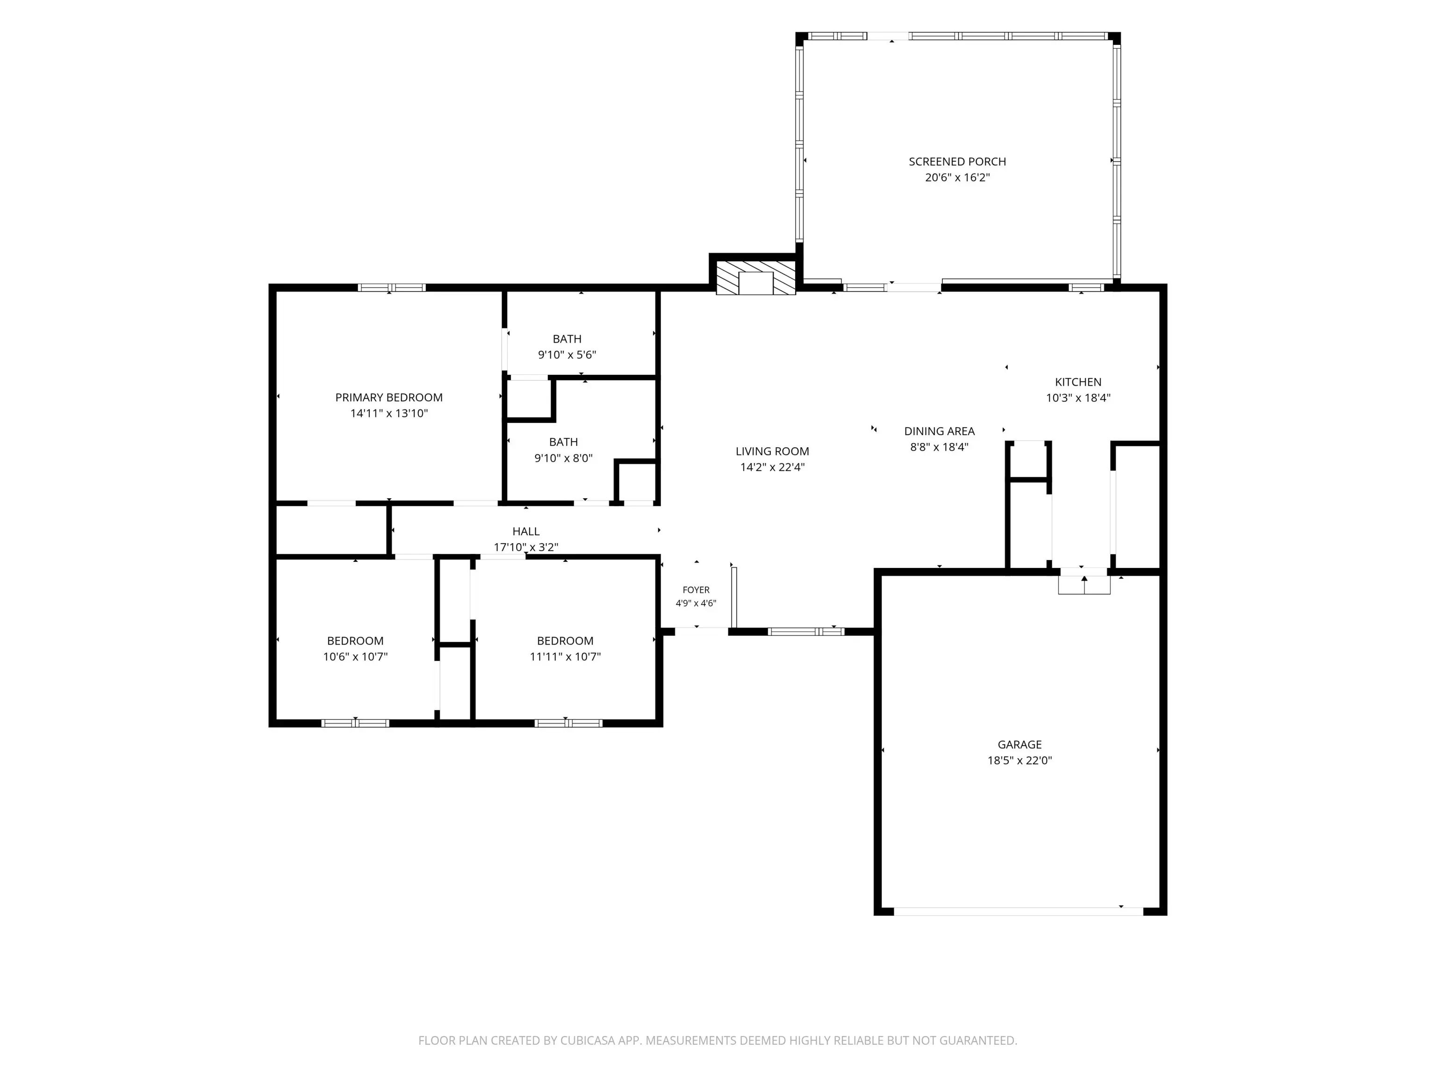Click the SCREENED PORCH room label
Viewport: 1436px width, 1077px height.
(x=957, y=162)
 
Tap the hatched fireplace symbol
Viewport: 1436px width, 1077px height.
(x=756, y=278)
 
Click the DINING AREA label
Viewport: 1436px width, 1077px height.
(x=940, y=431)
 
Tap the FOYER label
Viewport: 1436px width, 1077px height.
(x=696, y=590)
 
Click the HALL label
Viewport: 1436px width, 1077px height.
(x=526, y=531)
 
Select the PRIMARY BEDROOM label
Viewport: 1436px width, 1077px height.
(x=389, y=397)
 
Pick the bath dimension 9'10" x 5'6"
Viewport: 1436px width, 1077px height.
(x=567, y=354)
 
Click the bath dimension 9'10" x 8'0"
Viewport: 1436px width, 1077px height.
(x=563, y=458)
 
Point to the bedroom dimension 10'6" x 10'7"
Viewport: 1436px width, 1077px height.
(x=355, y=656)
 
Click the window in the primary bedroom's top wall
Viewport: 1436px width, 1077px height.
(x=391, y=287)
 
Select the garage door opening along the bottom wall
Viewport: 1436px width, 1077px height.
(x=1019, y=912)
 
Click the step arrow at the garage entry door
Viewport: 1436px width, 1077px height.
(x=1084, y=584)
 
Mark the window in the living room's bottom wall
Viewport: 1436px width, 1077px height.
(x=805, y=632)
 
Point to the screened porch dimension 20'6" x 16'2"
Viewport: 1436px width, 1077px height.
(x=957, y=177)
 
